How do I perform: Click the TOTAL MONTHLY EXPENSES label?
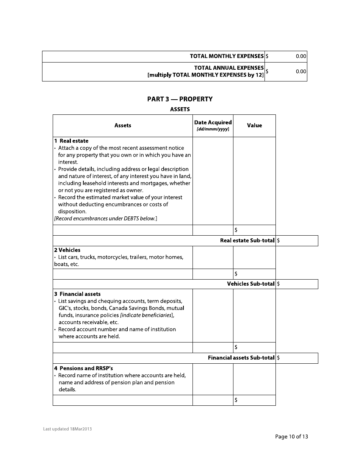click(227, 56)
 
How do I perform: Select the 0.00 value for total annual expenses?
click(301, 71)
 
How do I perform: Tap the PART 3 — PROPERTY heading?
click(180, 99)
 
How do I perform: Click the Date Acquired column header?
click(213, 122)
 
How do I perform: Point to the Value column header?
click(254, 125)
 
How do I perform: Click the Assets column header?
click(122, 125)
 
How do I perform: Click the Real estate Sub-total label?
click(247, 241)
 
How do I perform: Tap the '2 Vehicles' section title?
click(67, 250)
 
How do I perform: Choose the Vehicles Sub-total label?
click(250, 284)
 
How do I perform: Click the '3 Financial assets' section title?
click(77, 294)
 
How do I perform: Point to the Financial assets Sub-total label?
click(241, 358)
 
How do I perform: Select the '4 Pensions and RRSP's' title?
click(83, 368)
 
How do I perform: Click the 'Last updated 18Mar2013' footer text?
click(67, 429)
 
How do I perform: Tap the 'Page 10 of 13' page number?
click(291, 436)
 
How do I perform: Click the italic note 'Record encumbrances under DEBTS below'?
click(105, 219)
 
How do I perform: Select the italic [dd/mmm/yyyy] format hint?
click(213, 130)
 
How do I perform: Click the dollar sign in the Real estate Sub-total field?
click(279, 241)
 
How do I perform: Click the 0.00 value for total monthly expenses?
click(301, 56)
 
